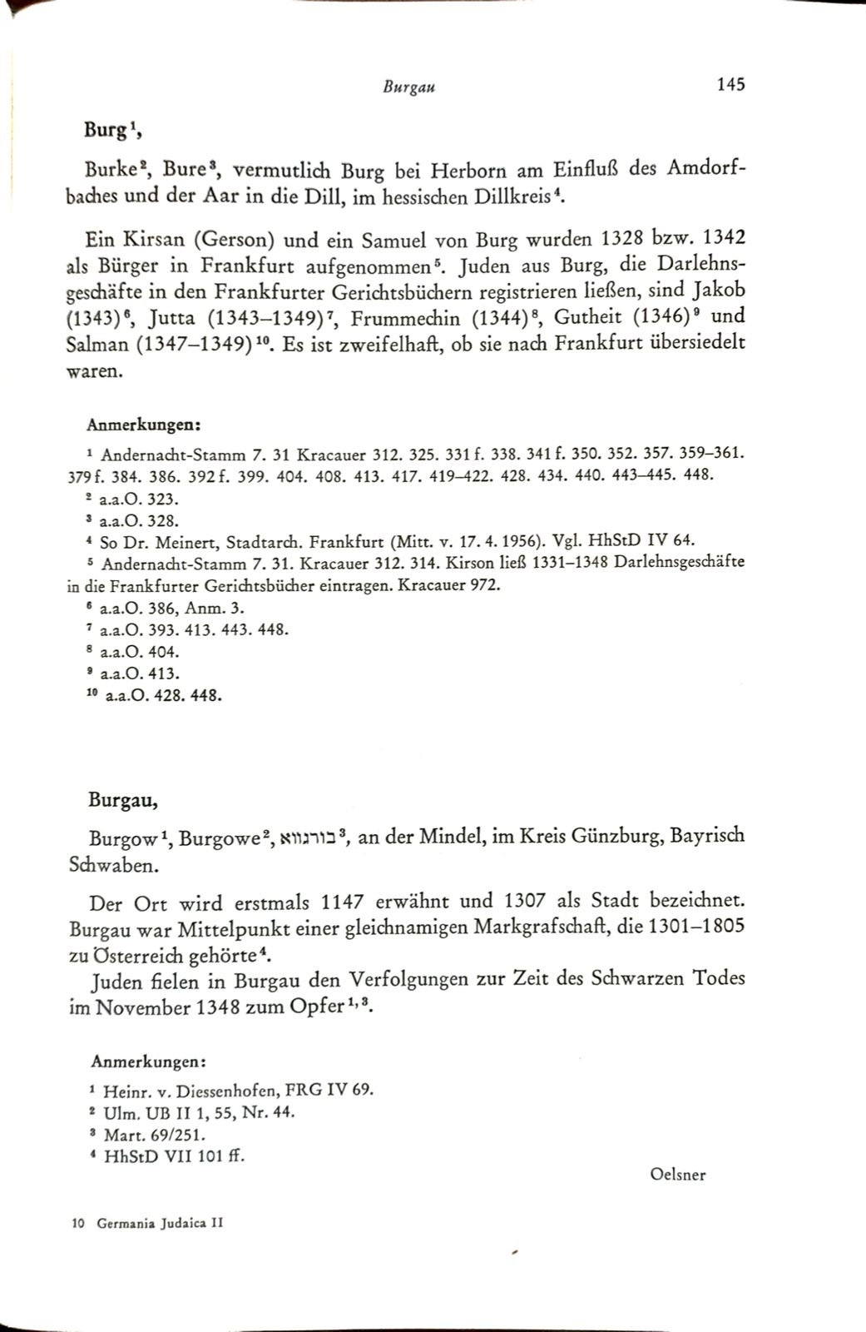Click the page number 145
tap(729, 84)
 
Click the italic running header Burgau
tap(409, 87)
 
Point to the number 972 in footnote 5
tap(486, 585)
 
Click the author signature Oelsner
tap(679, 1175)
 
